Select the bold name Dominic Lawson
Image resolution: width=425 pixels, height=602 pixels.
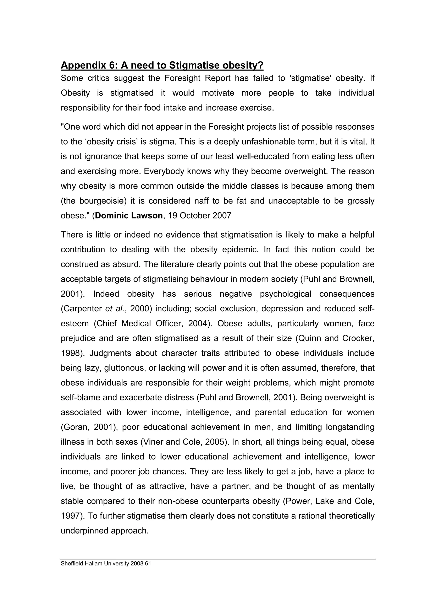pos(129,216)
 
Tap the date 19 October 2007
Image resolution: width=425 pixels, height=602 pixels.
pos(200,216)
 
